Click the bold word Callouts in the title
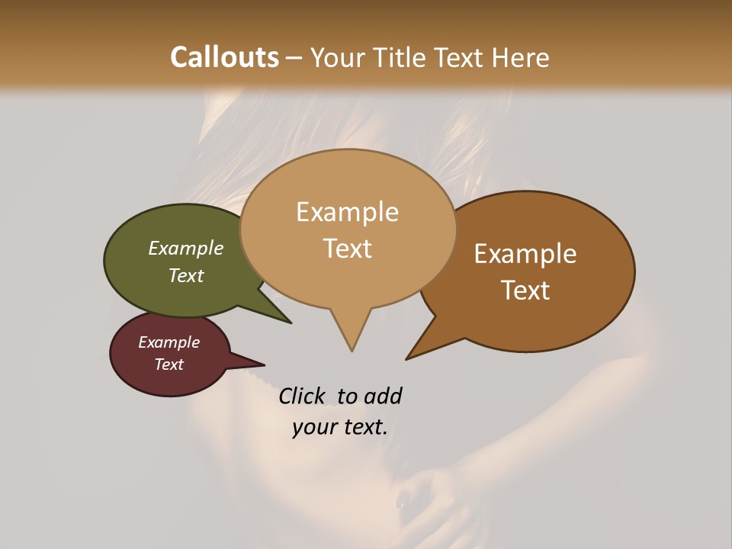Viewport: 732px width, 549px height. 224,57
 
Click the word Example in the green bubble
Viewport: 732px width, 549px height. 186,248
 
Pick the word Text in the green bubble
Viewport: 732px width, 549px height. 186,275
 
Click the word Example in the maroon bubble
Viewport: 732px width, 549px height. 169,342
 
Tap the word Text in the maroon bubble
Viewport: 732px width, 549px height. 169,364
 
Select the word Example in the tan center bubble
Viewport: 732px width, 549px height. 347,212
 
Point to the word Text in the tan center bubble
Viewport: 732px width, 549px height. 347,249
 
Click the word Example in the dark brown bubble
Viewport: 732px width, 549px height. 525,254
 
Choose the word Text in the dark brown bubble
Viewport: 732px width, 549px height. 525,291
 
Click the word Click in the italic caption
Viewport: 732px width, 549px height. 302,396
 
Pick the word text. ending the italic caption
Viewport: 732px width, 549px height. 363,427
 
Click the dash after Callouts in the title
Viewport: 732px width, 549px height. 294,58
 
